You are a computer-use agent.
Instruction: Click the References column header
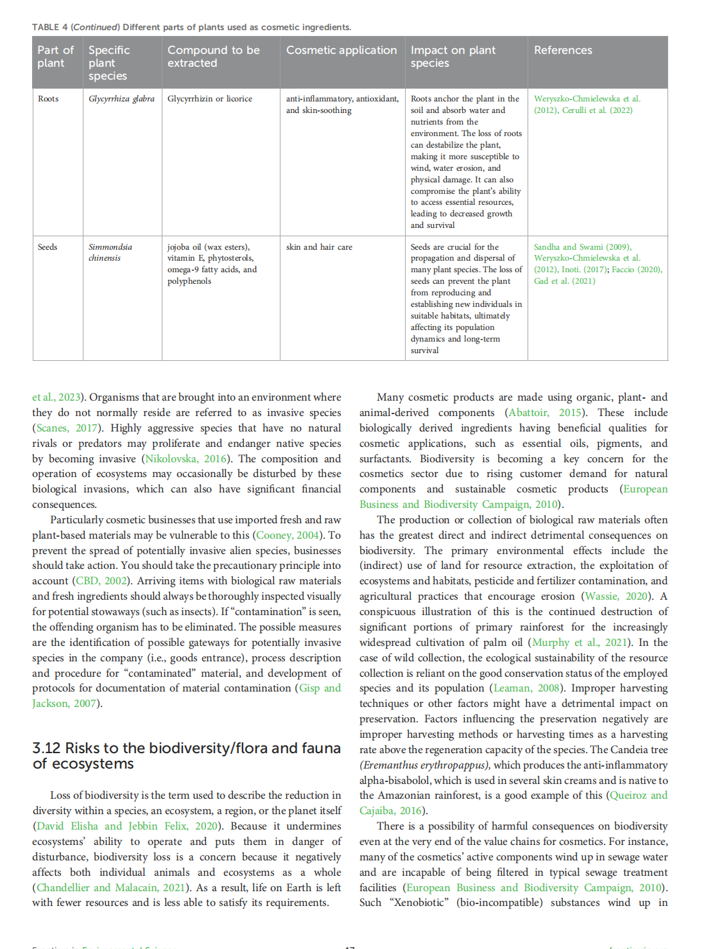[x=563, y=50]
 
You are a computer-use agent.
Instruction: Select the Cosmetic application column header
[x=341, y=50]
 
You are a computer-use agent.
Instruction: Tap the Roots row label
[x=48, y=99]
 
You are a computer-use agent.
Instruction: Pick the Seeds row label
[x=47, y=247]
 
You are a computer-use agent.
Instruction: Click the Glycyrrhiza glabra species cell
[x=121, y=99]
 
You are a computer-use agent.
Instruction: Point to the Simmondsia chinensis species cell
[x=110, y=252]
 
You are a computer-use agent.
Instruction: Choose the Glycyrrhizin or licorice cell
[x=210, y=99]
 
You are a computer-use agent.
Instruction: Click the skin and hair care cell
[x=319, y=247]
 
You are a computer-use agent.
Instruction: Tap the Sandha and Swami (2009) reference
[x=582, y=247]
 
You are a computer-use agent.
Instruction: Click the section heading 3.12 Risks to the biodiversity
[x=186, y=756]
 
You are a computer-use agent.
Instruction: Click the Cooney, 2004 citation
[x=288, y=535]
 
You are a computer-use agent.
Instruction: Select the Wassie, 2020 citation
[x=616, y=596]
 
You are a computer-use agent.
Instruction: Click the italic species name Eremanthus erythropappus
[x=425, y=765]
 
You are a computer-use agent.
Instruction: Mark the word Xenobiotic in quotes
[x=420, y=902]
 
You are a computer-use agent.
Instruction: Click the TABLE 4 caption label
[x=50, y=27]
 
